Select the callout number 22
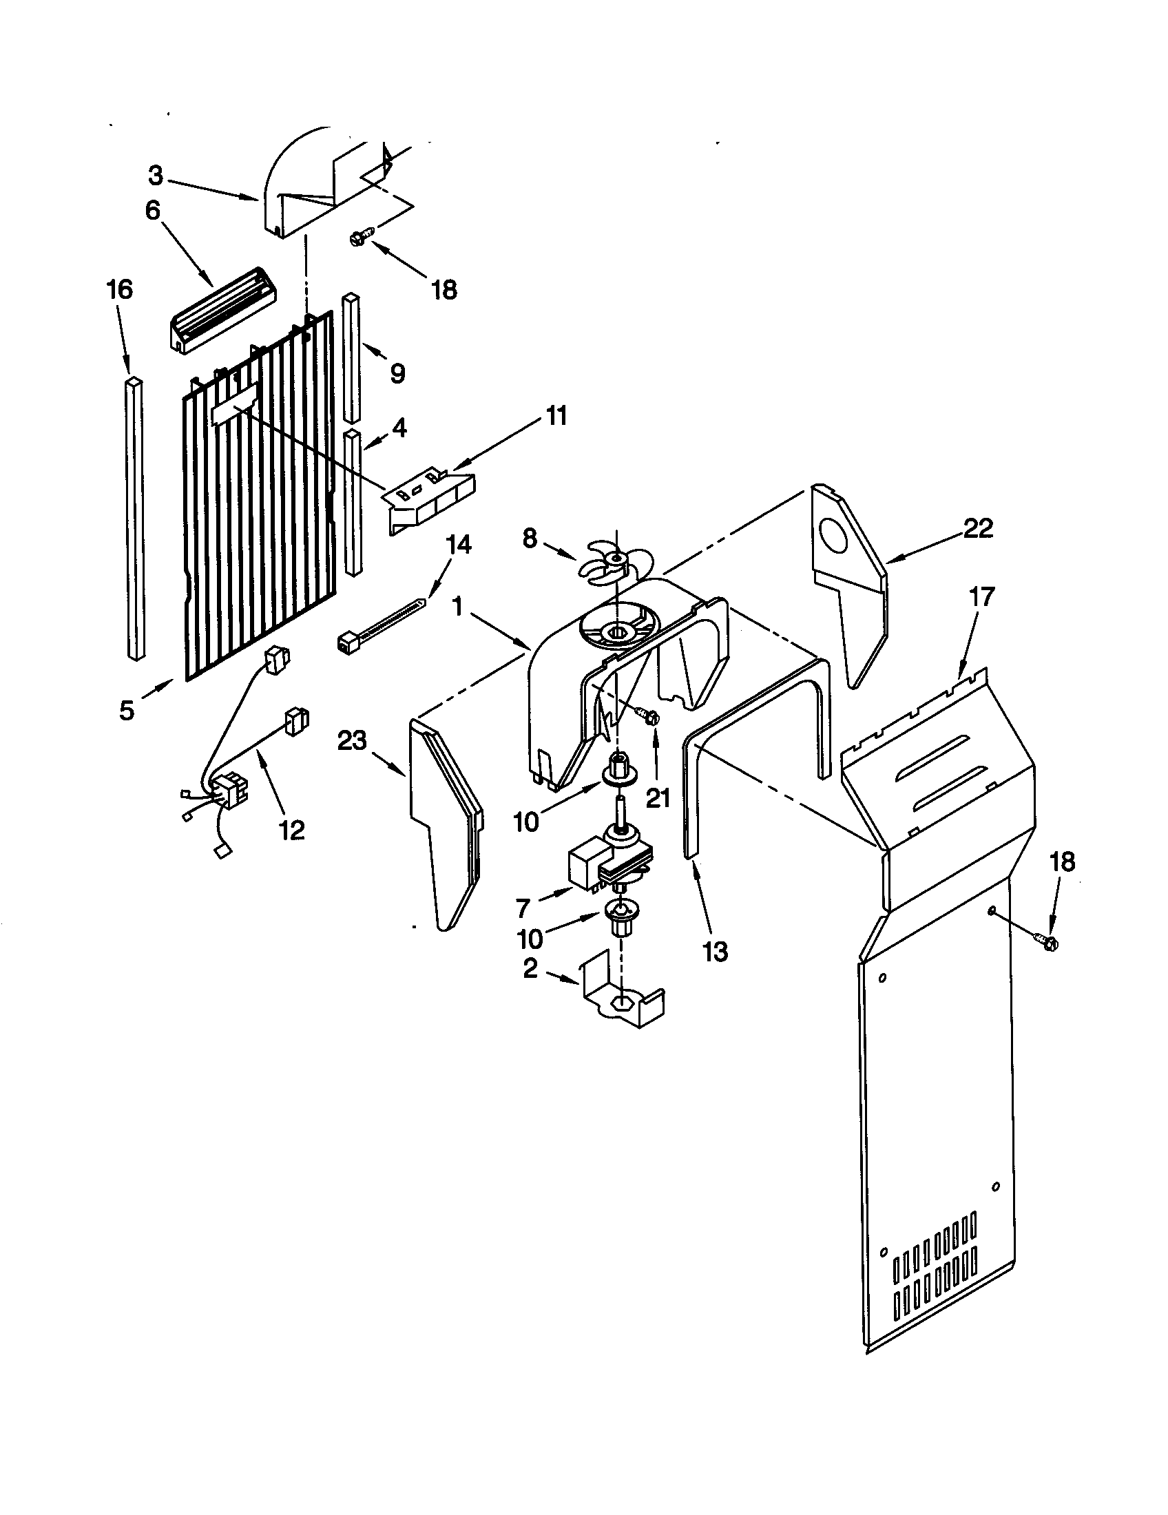pyautogui.click(x=978, y=530)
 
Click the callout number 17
pyautogui.click(x=983, y=596)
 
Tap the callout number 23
pyautogui.click(x=352, y=742)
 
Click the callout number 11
pyautogui.click(x=556, y=416)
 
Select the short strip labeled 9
pyautogui.click(x=352, y=357)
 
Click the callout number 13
pyautogui.click(x=714, y=952)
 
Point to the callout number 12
pyautogui.click(x=292, y=830)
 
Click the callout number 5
pyautogui.click(x=126, y=711)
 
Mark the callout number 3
pyautogui.click(x=156, y=177)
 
